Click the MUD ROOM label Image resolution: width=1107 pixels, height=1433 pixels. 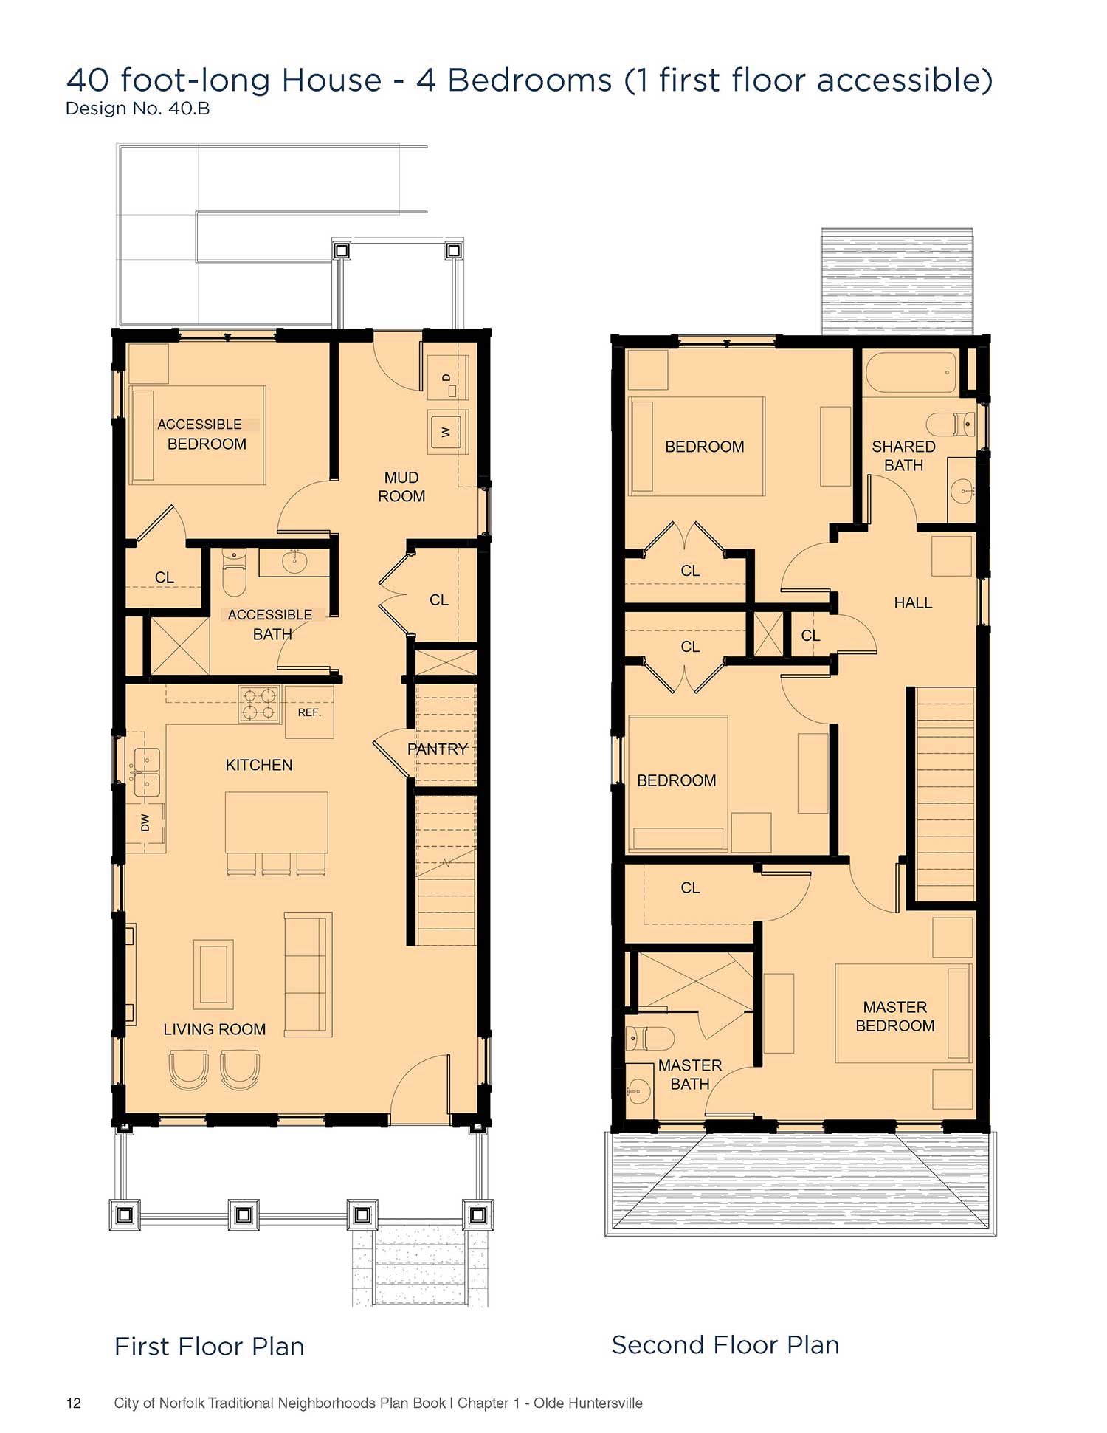[401, 487]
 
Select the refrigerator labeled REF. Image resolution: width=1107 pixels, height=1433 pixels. [309, 712]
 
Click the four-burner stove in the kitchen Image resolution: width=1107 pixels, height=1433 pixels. [260, 704]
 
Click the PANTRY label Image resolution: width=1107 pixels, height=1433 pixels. [438, 749]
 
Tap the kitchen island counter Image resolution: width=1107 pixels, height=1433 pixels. [277, 822]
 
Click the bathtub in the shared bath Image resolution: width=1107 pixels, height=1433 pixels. [911, 373]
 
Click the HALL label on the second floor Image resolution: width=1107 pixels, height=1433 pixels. [913, 602]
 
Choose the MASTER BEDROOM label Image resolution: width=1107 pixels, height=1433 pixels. [895, 1017]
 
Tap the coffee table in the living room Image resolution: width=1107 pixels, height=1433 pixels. [213, 974]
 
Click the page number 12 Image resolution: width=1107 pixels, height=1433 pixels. [74, 1403]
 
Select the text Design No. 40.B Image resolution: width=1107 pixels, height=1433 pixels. [138, 109]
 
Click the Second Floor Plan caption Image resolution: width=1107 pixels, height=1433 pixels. [725, 1345]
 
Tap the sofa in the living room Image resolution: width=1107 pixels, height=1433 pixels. [308, 975]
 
